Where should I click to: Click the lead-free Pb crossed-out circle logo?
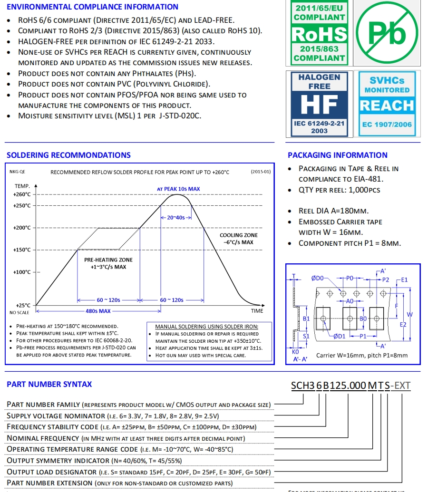(x=388, y=33)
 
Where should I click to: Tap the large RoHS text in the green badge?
(x=319, y=34)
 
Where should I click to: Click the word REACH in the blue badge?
(x=387, y=105)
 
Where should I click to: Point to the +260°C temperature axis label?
(x=22, y=194)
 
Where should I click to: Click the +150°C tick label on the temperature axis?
(x=22, y=250)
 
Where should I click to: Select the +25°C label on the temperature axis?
(x=23, y=305)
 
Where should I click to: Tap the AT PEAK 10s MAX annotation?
(x=178, y=189)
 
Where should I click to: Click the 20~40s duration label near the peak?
(x=176, y=217)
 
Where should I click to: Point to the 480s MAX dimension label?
(x=98, y=311)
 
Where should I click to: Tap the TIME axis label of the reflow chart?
(x=257, y=311)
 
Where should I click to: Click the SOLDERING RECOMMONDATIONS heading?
(x=68, y=155)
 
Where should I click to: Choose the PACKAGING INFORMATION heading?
(x=338, y=155)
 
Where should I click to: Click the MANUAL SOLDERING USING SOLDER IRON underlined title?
(x=207, y=326)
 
